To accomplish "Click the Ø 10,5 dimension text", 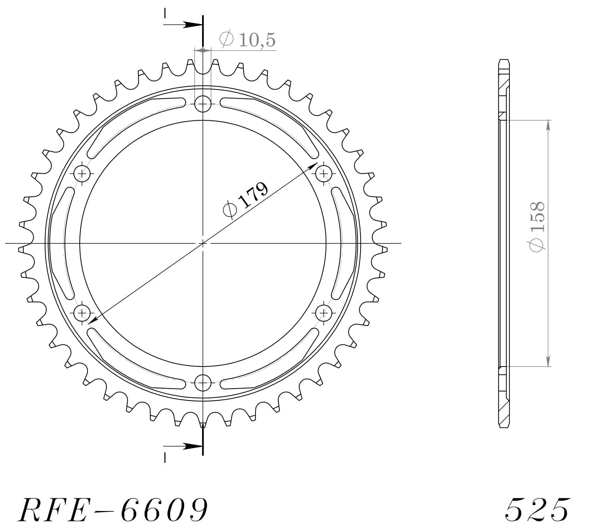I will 248,40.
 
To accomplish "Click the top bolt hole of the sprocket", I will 203,104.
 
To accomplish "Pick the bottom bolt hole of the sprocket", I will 203,382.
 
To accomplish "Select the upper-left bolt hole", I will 82,173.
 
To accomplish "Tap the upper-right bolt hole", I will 324,173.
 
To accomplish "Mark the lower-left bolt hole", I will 82,313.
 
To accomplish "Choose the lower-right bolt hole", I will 324,313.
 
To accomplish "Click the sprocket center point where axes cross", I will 203,243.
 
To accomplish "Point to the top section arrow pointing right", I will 192,25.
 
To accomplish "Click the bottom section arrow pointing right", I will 192,446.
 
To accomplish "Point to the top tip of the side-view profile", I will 503,60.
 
